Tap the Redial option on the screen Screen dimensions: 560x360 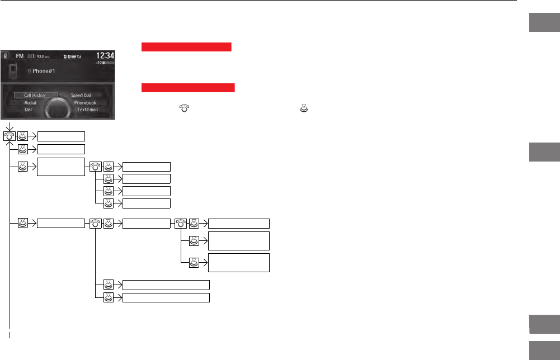pos(30,103)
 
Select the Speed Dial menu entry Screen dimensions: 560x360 pos(81,96)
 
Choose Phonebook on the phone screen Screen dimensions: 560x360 pos(85,103)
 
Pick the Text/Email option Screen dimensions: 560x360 pos(87,110)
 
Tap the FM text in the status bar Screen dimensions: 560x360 pos(19,56)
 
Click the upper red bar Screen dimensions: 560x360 pos(186,48)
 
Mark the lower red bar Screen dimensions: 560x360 pos(188,88)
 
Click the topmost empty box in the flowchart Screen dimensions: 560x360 pos(61,136)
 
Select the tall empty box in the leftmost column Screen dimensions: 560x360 pos(61,167)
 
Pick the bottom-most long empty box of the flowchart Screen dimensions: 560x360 pos(166,297)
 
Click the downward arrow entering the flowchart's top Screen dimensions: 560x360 pos(10,126)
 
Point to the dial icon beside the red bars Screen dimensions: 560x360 pos(183,110)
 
